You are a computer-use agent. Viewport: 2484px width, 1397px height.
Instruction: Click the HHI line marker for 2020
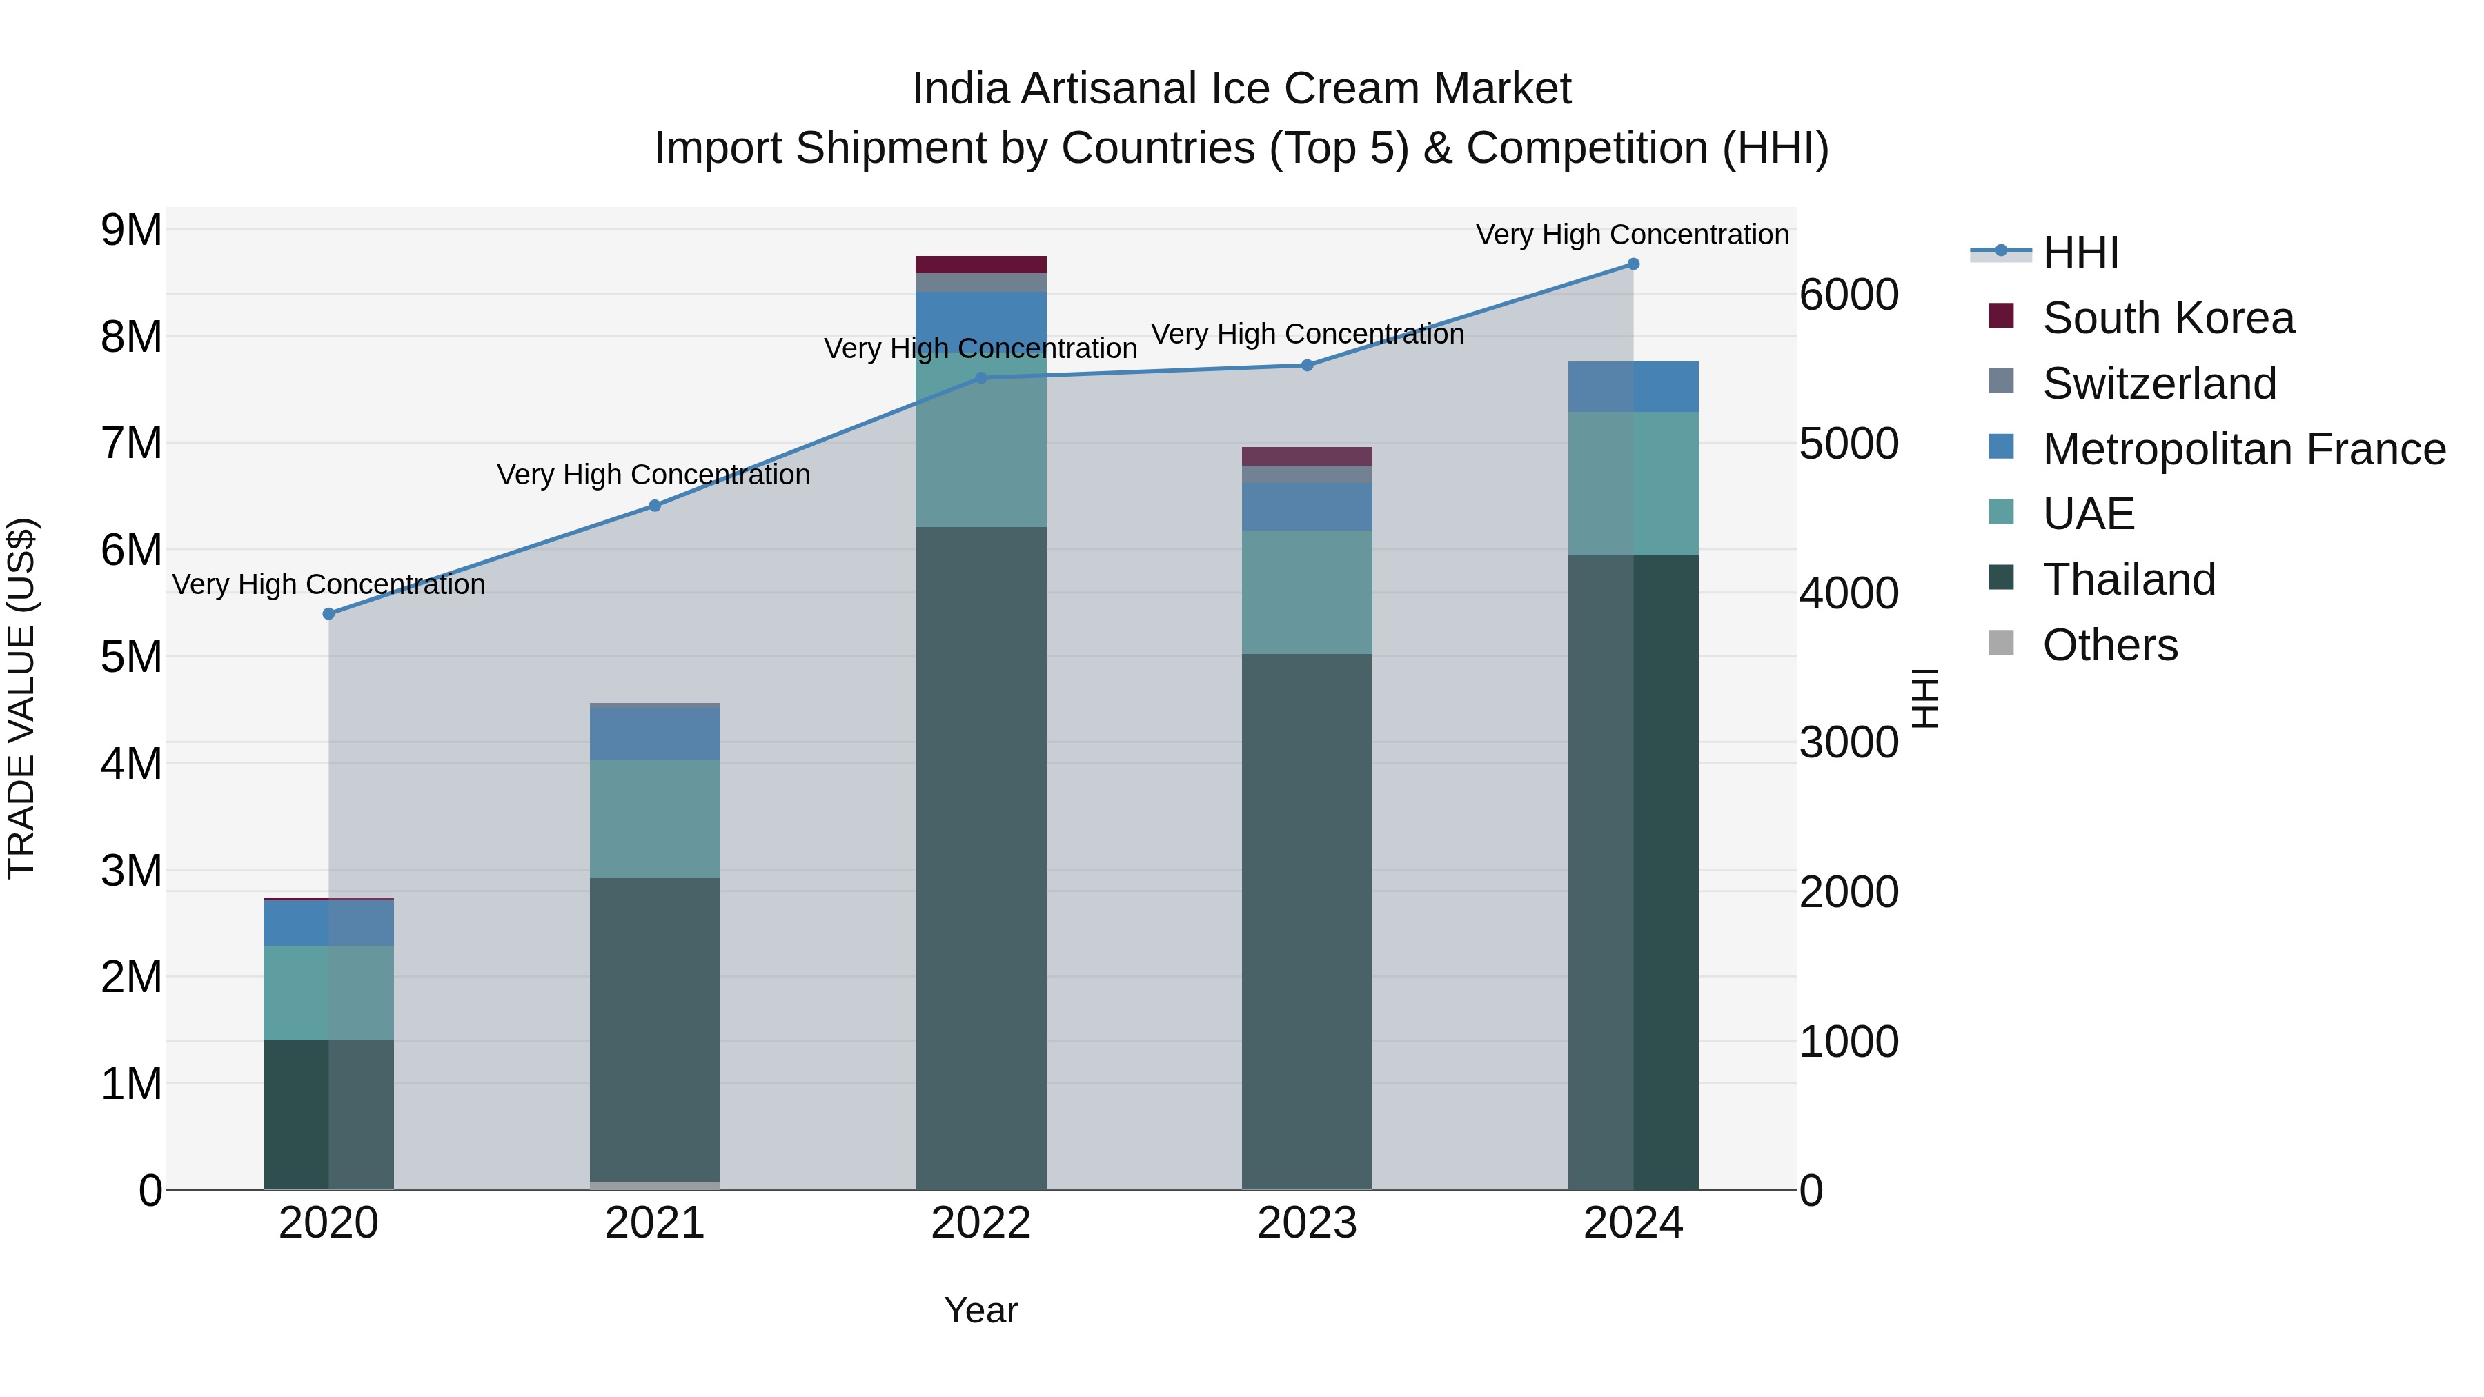tap(329, 614)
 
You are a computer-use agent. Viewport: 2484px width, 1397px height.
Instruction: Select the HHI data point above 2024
tap(1633, 264)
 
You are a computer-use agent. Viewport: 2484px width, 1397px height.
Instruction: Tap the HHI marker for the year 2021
tap(655, 506)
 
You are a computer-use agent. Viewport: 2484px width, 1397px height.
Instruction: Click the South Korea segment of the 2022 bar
tap(980, 264)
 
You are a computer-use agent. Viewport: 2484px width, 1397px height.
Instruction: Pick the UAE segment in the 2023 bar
tap(1307, 592)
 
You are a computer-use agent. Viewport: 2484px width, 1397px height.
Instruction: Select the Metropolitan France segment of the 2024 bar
tap(1633, 386)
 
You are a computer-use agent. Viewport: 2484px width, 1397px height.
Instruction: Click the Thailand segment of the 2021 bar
tap(655, 1029)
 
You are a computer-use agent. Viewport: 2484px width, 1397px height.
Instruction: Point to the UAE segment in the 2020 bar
tap(329, 993)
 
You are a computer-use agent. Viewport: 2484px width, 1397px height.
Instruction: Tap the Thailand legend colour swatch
tap(2001, 579)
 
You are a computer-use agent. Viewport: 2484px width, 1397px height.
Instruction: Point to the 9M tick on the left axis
tap(131, 230)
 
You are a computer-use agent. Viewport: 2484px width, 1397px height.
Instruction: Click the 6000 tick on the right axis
tap(1849, 295)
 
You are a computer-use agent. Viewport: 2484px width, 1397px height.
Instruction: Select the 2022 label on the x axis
tap(980, 1223)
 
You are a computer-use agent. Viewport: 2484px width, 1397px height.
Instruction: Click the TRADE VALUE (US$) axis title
tap(21, 698)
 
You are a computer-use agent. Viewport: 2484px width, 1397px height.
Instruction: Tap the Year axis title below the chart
tap(980, 1310)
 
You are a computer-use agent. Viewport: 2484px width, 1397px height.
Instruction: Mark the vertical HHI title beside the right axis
tap(1924, 698)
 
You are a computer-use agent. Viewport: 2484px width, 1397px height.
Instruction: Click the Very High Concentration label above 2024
tap(1632, 235)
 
